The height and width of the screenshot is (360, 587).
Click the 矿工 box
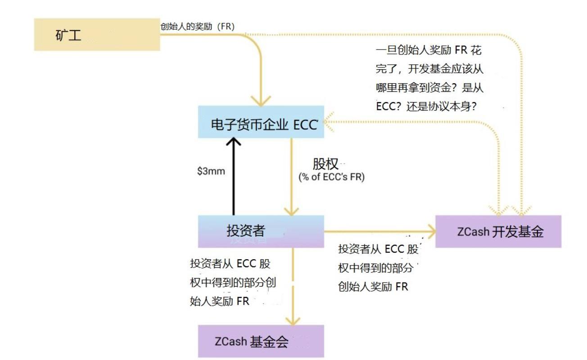[97, 35]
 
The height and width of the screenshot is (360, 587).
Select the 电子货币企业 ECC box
[261, 122]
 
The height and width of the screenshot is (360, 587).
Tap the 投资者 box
[261, 231]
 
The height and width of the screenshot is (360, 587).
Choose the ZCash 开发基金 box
[498, 231]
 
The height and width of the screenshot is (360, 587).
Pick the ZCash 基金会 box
[261, 341]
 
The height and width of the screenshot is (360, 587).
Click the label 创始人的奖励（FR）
[197, 26]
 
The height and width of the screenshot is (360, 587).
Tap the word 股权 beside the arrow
[325, 164]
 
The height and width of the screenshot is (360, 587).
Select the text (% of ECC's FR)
[331, 177]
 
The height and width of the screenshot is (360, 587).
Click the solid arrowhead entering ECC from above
[261, 100]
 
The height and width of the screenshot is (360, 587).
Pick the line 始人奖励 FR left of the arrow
[220, 301]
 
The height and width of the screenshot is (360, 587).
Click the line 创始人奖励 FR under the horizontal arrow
[373, 286]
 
